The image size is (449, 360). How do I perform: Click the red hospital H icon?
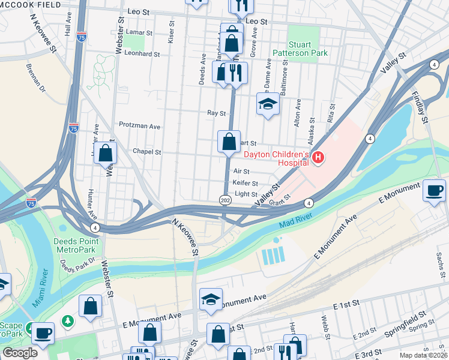[x=318, y=158]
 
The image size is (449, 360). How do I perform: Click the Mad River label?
[x=296, y=221]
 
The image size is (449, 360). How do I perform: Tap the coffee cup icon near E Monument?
[x=435, y=191]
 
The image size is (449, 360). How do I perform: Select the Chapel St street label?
[x=147, y=152]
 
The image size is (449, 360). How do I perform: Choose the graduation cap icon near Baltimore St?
[x=268, y=104]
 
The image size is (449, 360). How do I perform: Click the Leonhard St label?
[x=143, y=53]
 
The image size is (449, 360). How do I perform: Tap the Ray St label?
[x=216, y=113]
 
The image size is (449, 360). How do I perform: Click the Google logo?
[x=19, y=353]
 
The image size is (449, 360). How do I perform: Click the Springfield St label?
[x=406, y=319]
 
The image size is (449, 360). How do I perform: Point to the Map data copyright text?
[x=423, y=355]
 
